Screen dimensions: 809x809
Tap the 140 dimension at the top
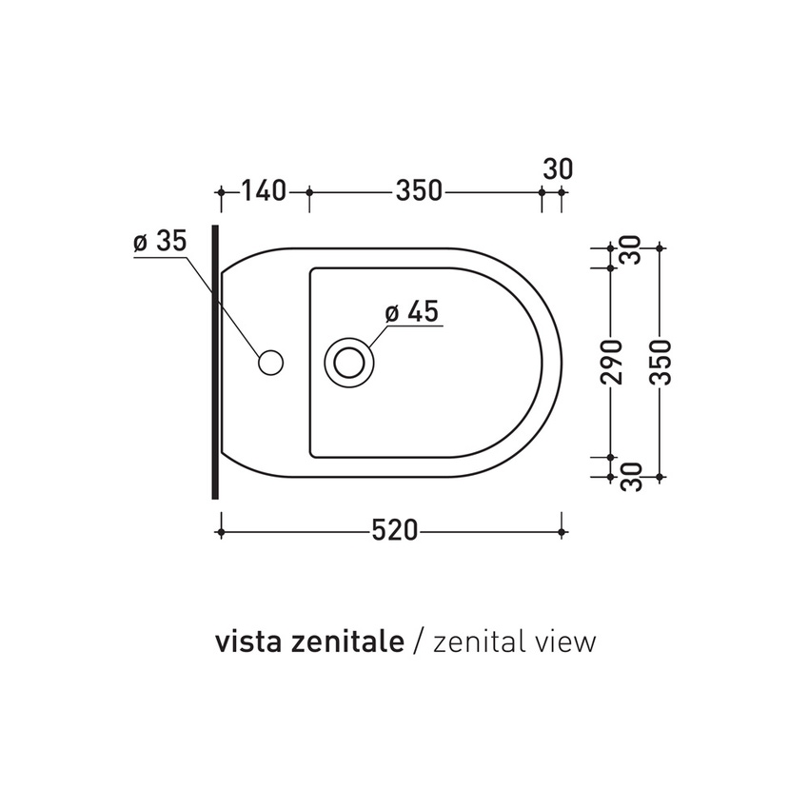click(264, 191)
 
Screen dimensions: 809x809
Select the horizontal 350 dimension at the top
click(419, 191)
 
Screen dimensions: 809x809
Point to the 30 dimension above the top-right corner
click(558, 169)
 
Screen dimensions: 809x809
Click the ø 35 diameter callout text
click(159, 242)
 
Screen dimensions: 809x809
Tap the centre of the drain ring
click(349, 362)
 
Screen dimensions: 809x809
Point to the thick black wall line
click(215, 362)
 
